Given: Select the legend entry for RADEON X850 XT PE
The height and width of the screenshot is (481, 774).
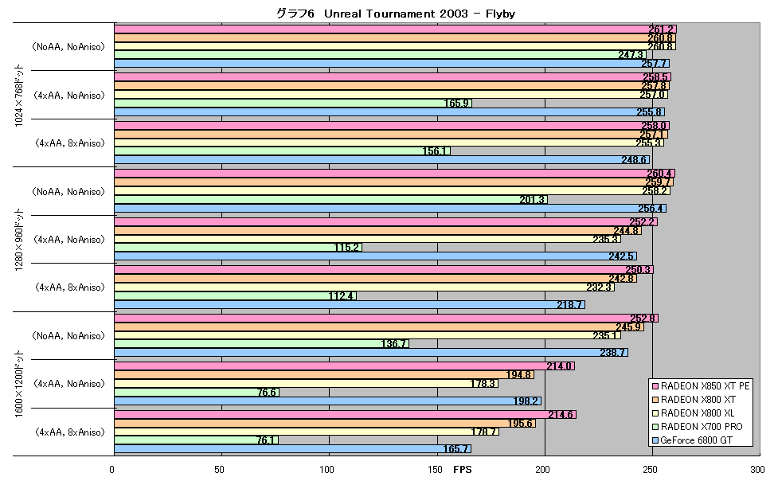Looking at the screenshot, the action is click(701, 385).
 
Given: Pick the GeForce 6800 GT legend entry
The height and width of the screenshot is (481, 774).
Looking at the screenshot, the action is click(693, 440).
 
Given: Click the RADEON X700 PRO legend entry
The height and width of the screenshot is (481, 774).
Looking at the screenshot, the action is click(698, 427).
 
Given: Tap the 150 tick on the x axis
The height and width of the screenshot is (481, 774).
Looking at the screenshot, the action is click(436, 469).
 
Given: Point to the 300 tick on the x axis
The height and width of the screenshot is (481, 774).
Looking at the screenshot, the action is click(755, 469).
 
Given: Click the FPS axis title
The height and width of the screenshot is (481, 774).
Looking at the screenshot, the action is click(463, 469).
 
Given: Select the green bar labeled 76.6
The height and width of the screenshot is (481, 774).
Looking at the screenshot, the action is click(197, 392).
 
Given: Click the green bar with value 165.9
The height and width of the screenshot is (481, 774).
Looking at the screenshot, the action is click(293, 104).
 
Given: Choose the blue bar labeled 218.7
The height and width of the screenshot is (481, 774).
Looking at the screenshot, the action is click(350, 305).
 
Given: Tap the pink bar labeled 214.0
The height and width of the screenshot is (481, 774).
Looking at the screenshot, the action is click(345, 366).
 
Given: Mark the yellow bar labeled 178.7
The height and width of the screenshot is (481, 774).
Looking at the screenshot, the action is click(307, 432).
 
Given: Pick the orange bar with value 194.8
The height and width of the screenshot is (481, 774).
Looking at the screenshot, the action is click(324, 375).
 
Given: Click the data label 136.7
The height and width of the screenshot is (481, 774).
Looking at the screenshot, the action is click(394, 344).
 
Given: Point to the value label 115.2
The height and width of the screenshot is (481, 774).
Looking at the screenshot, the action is click(346, 248).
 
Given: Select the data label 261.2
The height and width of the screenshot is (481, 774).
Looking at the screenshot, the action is click(661, 29).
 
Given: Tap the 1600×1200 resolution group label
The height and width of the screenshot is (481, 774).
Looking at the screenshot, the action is click(19, 384).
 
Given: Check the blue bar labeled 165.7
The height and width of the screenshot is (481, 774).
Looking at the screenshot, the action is click(293, 449).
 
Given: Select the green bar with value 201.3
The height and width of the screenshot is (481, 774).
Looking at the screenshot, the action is click(331, 200).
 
